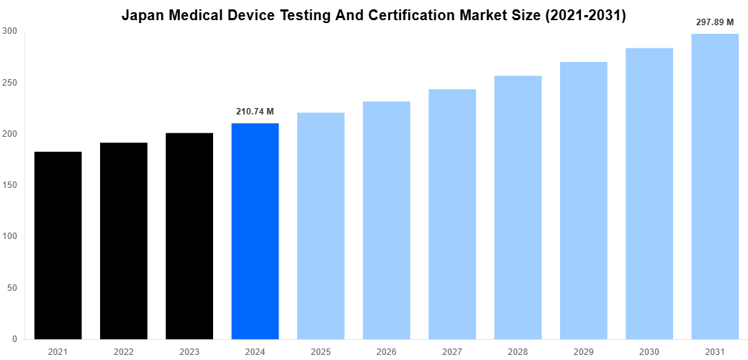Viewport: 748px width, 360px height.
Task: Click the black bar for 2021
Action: (x=58, y=245)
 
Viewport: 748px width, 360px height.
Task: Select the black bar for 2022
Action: (x=123, y=240)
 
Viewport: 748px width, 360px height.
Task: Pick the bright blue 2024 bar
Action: (x=255, y=230)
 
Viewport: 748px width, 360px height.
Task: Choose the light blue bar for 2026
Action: (x=386, y=220)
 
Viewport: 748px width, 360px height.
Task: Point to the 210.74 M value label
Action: (x=255, y=112)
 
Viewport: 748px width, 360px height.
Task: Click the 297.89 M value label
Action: (x=715, y=22)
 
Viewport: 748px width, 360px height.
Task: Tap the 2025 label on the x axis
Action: (x=320, y=351)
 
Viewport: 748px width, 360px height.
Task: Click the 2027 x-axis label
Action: (x=452, y=351)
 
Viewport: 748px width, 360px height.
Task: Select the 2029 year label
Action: (x=583, y=351)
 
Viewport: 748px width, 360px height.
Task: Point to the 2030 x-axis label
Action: (x=649, y=351)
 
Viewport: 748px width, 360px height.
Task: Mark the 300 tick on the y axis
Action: (x=10, y=31)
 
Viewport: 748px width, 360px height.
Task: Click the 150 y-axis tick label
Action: (x=10, y=185)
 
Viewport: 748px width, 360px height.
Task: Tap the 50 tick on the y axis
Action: (x=12, y=288)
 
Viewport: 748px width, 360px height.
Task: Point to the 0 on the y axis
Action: (x=15, y=339)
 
